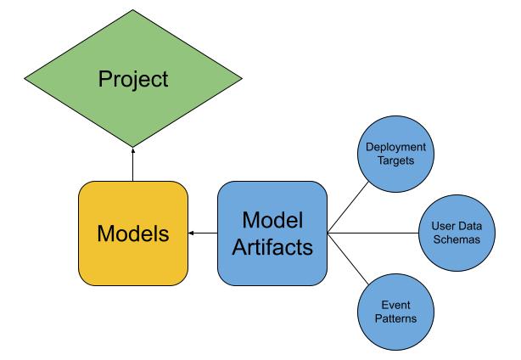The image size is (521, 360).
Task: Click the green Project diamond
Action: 133,81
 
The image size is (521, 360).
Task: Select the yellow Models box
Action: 133,233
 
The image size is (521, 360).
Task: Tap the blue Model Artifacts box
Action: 272,233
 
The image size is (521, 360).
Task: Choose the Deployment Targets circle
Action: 395,153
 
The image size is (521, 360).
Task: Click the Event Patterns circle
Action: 395,312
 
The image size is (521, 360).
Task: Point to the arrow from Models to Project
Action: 133,166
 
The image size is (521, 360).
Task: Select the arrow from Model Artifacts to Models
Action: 203,232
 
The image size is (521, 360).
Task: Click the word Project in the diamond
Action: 133,80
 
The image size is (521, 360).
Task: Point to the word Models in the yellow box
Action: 133,233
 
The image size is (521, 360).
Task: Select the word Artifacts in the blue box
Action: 272,247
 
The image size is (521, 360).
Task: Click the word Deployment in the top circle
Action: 395,146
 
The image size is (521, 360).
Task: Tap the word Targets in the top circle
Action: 395,160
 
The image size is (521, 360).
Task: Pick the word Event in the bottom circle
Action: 395,305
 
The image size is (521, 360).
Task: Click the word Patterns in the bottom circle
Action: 395,318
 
